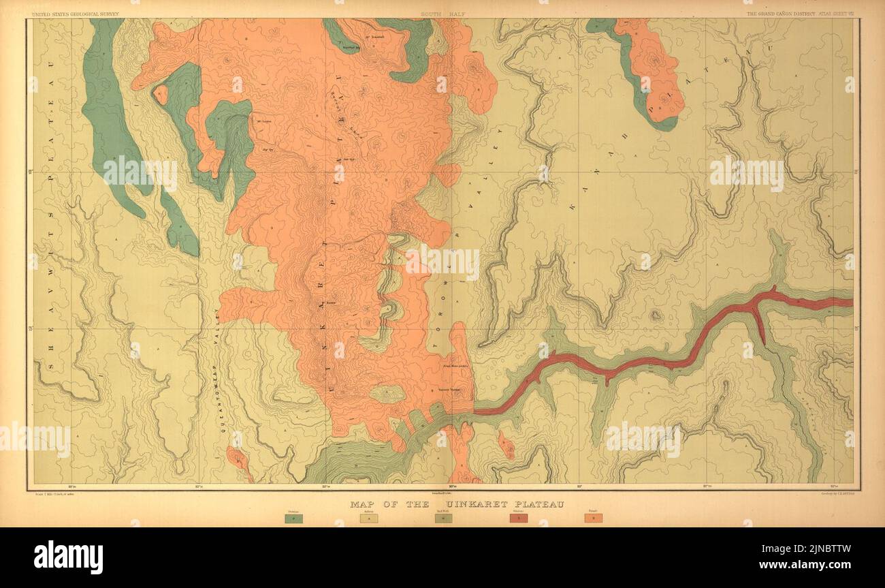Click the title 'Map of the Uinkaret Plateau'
457,505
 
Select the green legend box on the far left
293,519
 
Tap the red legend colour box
519,519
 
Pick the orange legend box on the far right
593,519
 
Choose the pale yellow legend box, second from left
368,519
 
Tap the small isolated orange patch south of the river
505,445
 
